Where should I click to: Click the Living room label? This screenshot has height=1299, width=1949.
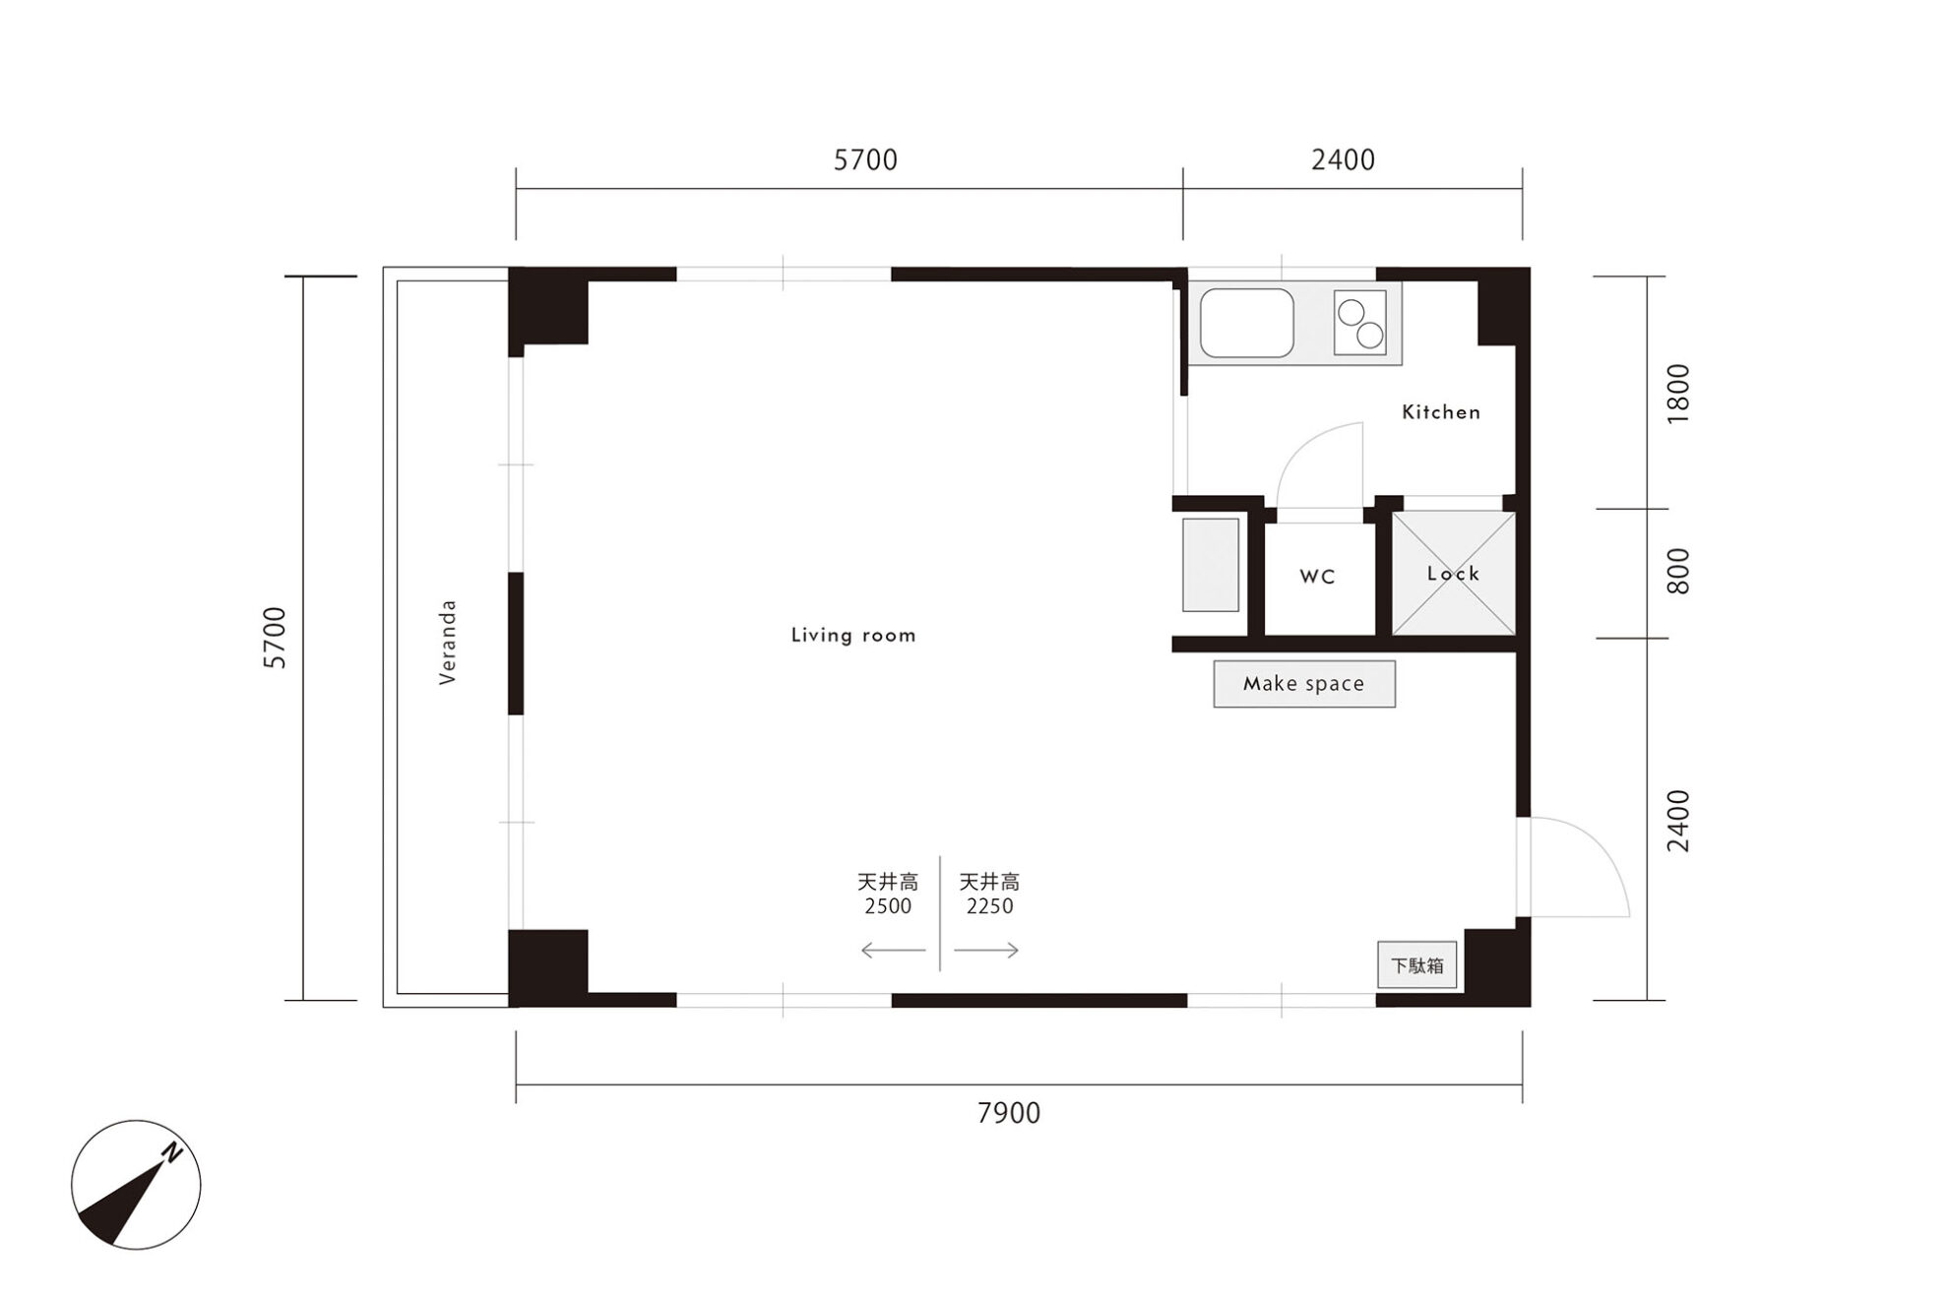coord(853,636)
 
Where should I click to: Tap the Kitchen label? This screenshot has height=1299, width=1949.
coord(1441,412)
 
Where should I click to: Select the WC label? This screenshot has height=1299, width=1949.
coord(1317,577)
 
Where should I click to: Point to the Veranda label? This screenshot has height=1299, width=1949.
coord(448,642)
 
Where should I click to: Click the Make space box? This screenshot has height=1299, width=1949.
coord(1304,684)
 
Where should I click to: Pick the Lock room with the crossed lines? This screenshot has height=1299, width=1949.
coord(1453,574)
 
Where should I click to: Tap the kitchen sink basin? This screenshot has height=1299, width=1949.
coord(1246,323)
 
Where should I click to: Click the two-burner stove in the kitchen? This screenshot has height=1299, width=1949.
coord(1360,323)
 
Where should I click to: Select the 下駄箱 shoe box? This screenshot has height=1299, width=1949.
coord(1416,965)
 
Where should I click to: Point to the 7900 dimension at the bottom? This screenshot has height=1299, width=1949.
coord(1009,1113)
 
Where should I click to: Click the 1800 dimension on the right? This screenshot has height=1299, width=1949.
coord(1678,394)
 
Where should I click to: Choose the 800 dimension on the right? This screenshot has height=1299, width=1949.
coord(1678,572)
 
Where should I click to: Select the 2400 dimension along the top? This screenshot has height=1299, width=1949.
coord(1343,159)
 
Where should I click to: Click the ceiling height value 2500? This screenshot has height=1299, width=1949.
coord(888,906)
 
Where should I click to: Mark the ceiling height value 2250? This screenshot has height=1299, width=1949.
coord(989,906)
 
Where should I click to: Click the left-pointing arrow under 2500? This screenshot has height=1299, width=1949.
coord(893,951)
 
